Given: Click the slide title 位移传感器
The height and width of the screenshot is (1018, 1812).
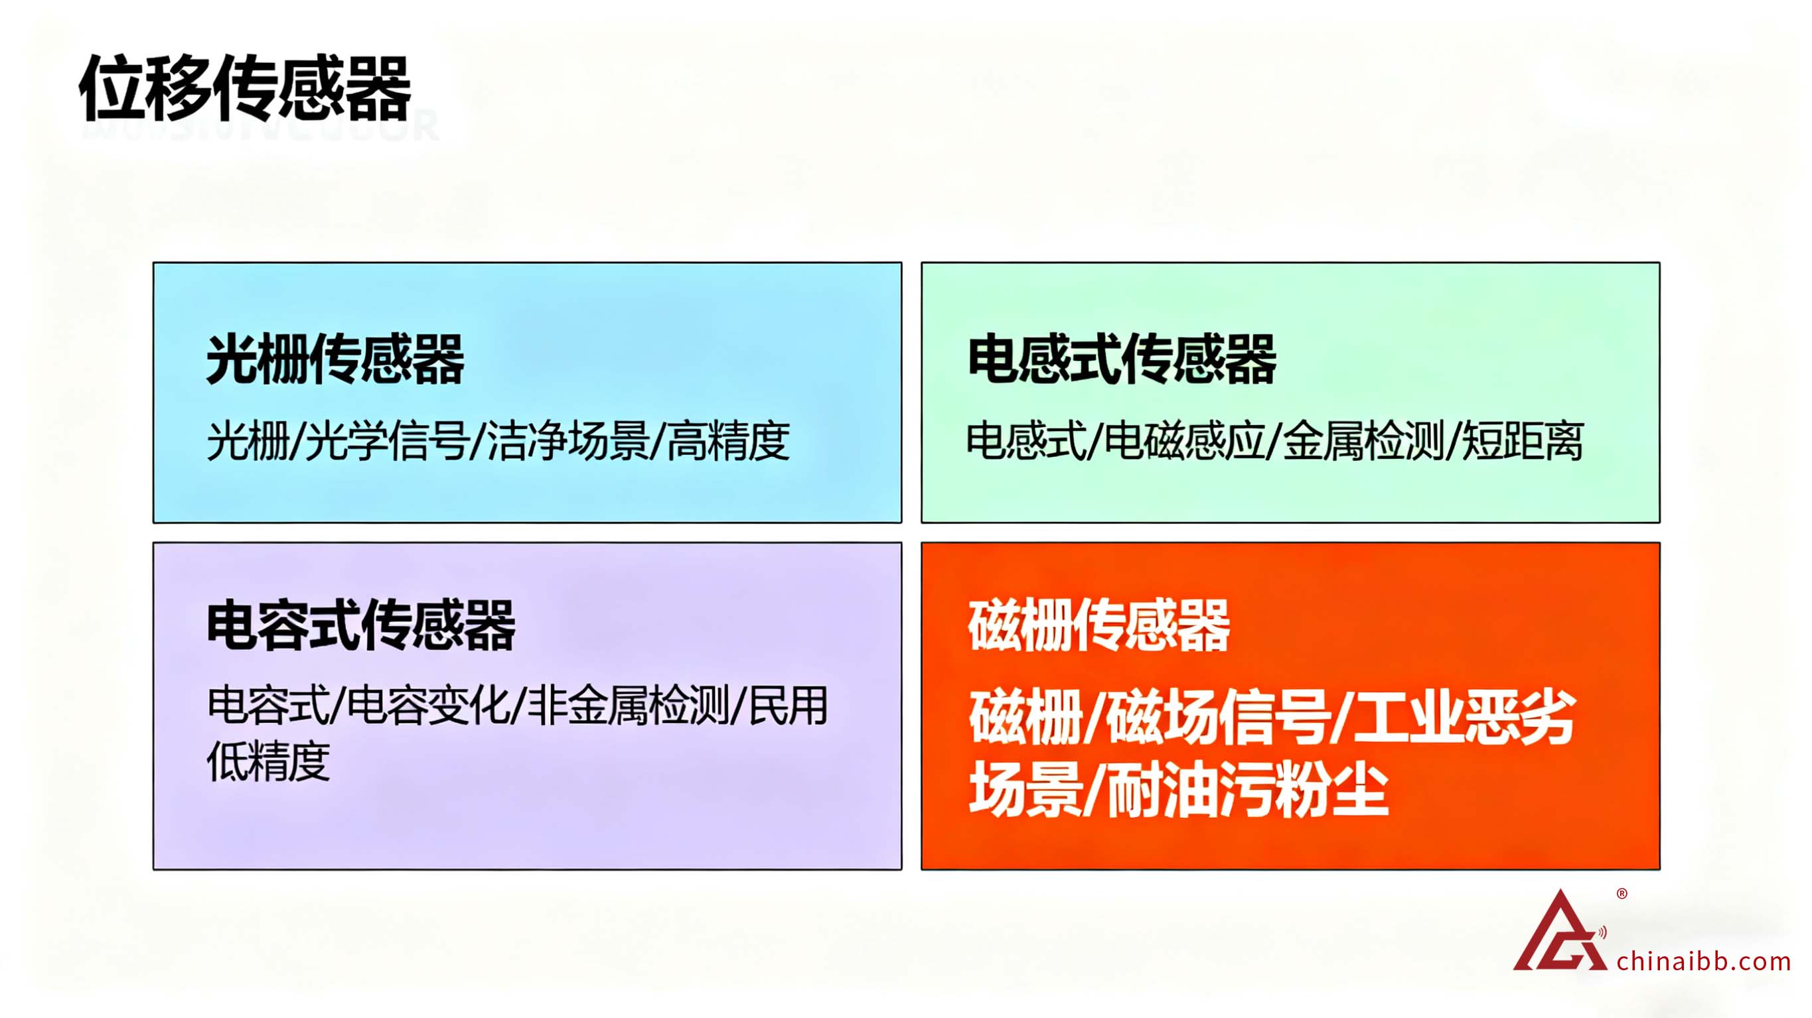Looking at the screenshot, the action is point(245,89).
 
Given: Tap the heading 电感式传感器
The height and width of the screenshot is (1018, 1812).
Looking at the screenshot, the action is point(1122,359).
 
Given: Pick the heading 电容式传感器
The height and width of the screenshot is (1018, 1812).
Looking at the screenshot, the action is point(361,625).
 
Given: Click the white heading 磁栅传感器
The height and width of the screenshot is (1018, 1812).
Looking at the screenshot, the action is point(1098,625).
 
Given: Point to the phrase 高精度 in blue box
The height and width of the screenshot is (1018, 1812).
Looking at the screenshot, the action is point(729,442).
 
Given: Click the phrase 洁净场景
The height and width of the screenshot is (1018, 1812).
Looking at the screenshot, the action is point(568,442).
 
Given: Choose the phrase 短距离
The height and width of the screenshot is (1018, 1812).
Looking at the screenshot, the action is point(1523,442).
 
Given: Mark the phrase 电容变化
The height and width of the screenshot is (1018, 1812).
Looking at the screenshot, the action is point(429,706).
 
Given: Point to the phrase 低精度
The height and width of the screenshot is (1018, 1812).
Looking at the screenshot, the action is point(268,761).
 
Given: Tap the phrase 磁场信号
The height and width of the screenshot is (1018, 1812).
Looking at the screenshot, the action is point(1219,718).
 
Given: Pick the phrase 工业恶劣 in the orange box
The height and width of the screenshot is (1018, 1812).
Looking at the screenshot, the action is point(1464,718).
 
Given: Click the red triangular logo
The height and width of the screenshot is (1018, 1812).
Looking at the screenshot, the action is point(1560,932).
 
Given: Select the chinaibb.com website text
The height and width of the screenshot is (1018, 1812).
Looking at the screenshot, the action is point(1704,961).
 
